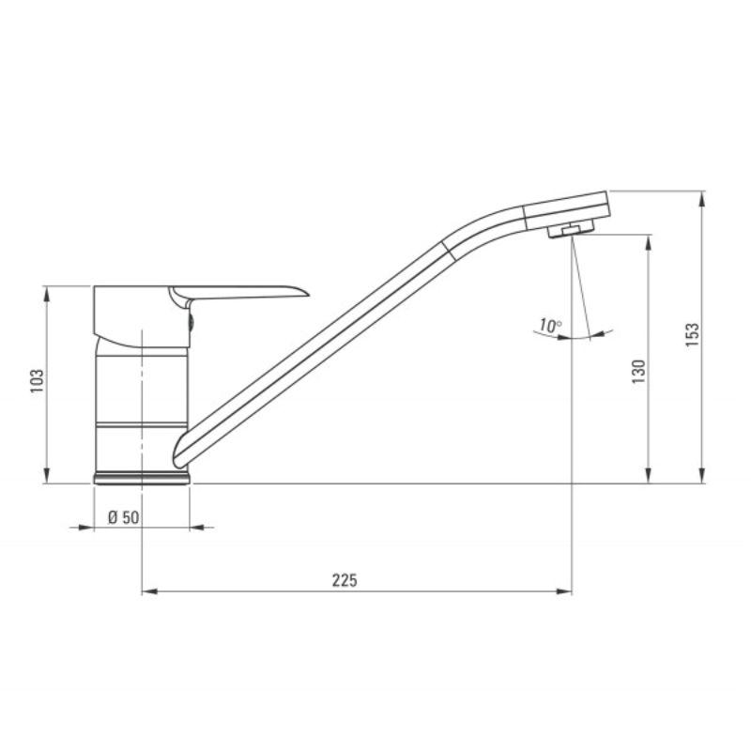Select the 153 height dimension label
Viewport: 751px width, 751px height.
point(693,335)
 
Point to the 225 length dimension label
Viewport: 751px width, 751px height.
point(345,580)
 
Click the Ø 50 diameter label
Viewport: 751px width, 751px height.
point(124,517)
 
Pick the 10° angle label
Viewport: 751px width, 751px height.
point(549,326)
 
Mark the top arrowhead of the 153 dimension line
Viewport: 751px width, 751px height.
point(702,197)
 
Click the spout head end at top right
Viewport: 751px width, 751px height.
point(606,206)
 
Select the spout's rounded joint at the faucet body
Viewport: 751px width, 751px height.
point(180,449)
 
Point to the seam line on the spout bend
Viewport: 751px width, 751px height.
point(448,246)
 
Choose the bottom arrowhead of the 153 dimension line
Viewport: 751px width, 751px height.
point(702,478)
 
